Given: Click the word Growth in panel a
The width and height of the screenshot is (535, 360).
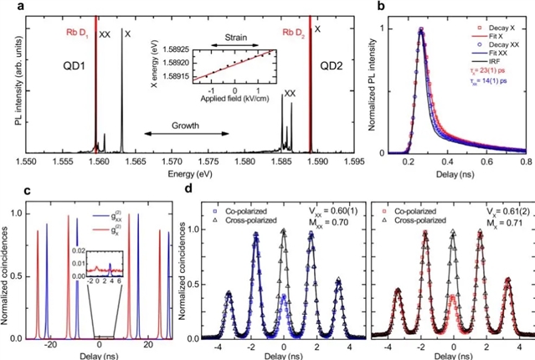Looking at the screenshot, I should coord(186,120).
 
